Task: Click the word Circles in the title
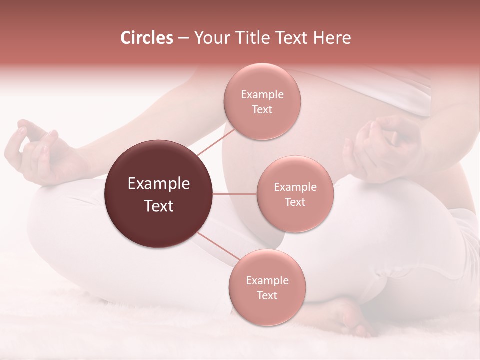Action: tap(146, 38)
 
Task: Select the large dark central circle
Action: tap(159, 194)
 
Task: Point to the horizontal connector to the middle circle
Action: tap(234, 194)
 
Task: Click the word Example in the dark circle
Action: tap(159, 184)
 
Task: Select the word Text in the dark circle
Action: tap(159, 206)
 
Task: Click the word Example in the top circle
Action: tap(262, 95)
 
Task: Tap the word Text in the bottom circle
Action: tap(267, 295)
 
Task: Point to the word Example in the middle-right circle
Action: tap(295, 187)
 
